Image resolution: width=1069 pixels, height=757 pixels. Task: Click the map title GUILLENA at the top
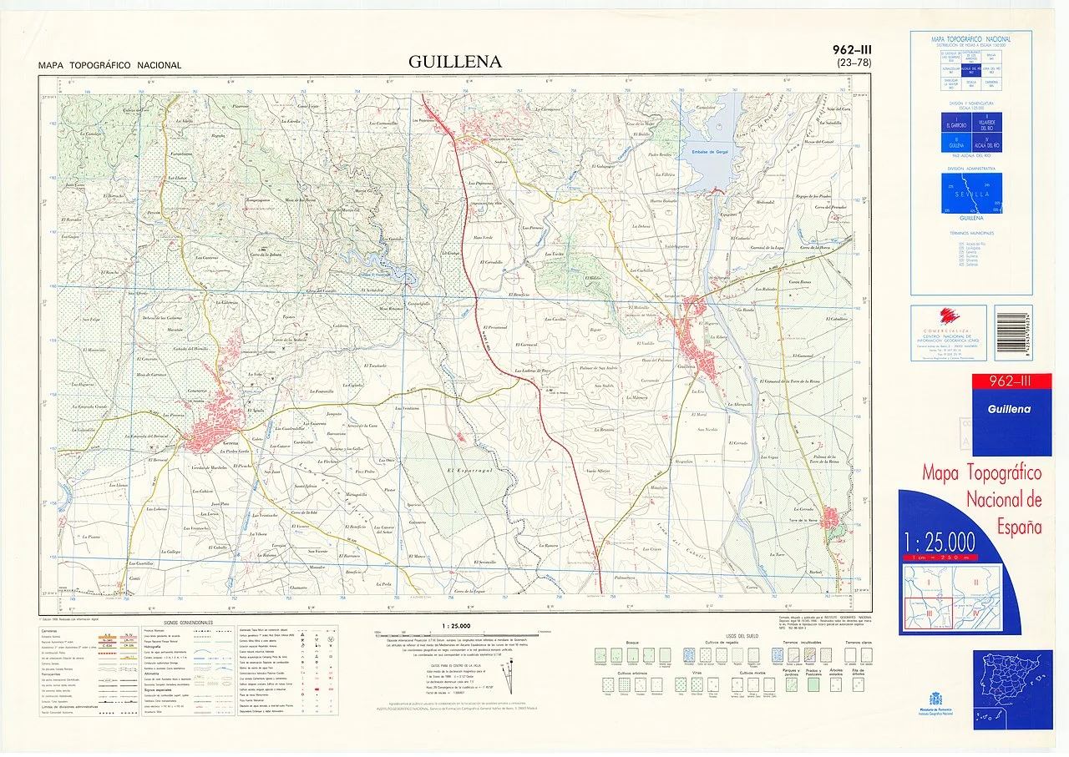click(x=455, y=63)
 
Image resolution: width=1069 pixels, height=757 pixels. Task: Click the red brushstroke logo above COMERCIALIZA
click(x=949, y=315)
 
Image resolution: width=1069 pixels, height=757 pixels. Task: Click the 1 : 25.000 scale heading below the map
click(x=453, y=626)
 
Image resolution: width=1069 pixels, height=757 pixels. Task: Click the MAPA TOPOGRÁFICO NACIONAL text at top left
click(x=109, y=66)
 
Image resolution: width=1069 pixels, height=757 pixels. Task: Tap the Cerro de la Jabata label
click(x=265, y=255)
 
